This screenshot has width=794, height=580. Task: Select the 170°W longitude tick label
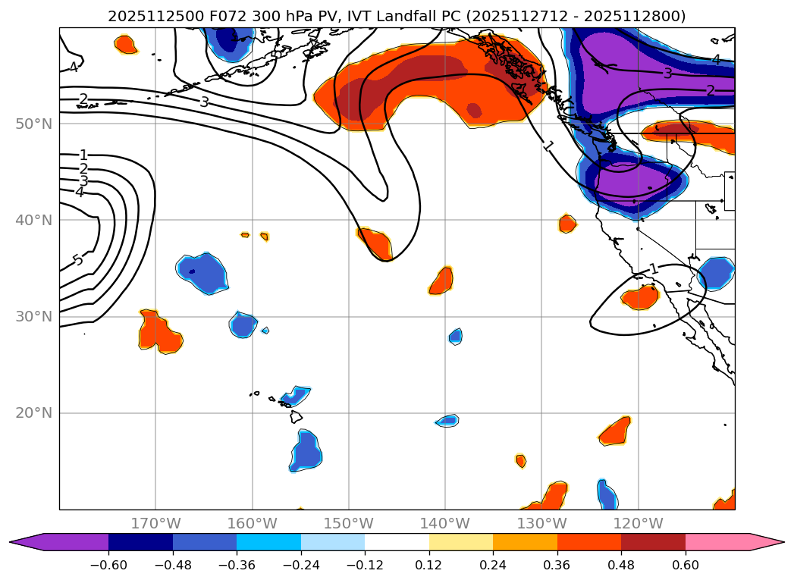pos(155,523)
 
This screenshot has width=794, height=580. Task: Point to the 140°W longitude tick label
pos(445,523)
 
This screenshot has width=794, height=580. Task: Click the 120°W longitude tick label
pos(638,523)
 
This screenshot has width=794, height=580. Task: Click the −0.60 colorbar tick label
pos(108,566)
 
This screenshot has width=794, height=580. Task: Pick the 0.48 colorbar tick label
pos(621,566)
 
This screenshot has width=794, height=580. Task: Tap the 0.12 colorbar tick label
pos(429,566)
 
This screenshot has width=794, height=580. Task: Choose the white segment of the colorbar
pos(397,541)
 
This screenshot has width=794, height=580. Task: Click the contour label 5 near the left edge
pos(77,261)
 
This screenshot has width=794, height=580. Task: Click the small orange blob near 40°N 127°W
pos(567,224)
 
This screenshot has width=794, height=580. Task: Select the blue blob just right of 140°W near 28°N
pos(455,336)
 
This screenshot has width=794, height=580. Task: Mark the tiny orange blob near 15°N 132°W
pos(520,460)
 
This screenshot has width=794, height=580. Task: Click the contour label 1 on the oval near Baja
pos(654,269)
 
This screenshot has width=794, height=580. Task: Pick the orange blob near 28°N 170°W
pos(160,331)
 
